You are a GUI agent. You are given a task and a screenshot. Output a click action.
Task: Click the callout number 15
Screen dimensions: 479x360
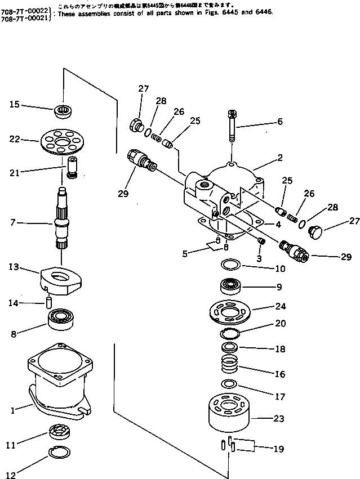pos(14,104)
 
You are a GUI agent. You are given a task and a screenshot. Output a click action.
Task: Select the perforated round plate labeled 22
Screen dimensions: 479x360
pos(61,140)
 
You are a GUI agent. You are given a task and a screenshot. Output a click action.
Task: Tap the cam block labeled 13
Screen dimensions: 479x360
pos(61,280)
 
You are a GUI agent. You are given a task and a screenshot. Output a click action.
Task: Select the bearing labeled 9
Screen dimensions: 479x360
pos(230,286)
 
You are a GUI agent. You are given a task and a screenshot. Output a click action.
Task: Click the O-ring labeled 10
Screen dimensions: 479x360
pos(230,264)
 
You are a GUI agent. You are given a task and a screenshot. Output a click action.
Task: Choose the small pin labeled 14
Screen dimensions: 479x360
pos(49,302)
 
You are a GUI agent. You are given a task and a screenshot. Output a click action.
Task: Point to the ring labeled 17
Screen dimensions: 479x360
pos(229,384)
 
